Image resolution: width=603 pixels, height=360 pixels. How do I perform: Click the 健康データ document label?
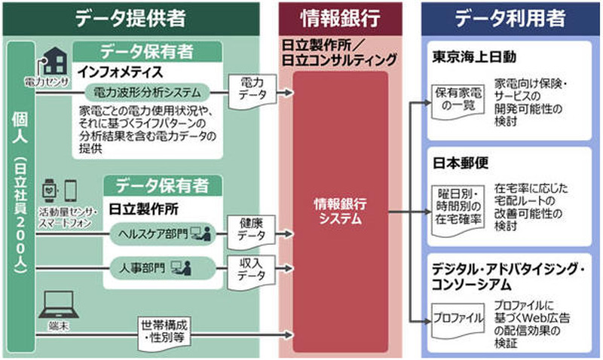pos(249,227)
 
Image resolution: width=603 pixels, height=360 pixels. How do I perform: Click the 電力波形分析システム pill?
pos(146,93)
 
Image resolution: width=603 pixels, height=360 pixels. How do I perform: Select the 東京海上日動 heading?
pos(474,57)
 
